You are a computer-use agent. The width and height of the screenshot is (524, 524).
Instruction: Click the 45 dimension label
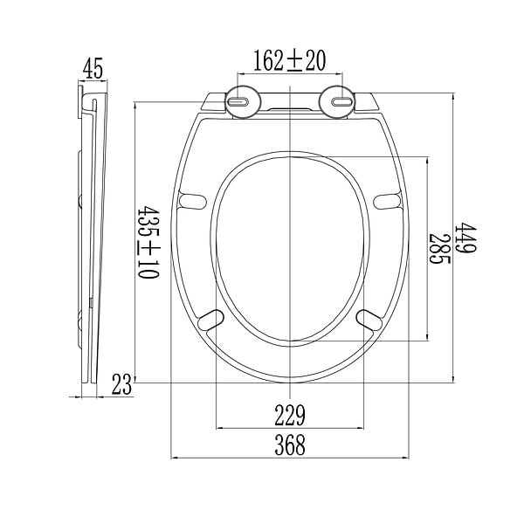[93, 68]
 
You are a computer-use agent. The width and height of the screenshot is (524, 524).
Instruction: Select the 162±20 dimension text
[289, 60]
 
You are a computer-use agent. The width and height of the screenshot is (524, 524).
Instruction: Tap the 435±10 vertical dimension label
[148, 242]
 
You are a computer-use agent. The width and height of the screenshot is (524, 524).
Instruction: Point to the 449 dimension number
[465, 237]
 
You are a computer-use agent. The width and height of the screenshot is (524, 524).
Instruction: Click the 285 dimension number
[440, 248]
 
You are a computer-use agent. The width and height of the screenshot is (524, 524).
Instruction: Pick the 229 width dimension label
[290, 416]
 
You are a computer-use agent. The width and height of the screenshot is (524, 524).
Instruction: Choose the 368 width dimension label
[290, 445]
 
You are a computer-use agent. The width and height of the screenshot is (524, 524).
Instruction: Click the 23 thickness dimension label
[122, 384]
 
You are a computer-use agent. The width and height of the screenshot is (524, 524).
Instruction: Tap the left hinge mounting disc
[243, 101]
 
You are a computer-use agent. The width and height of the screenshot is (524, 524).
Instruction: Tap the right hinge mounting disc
[337, 101]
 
